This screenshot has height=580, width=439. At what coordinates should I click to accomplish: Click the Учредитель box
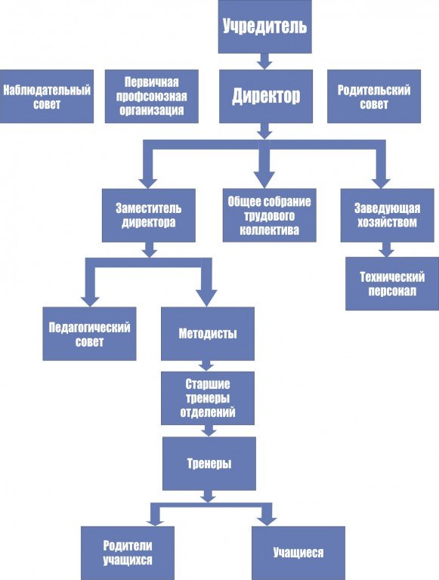point(264,26)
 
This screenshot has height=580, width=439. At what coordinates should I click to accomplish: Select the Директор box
point(266,96)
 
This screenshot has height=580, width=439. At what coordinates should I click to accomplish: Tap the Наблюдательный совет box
point(47,96)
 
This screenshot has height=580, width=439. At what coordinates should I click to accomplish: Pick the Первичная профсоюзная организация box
point(152,96)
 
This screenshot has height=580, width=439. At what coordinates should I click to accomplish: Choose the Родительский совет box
point(374,96)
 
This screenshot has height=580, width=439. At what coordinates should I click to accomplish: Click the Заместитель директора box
point(148,216)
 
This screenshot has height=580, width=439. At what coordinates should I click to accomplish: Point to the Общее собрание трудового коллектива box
point(270,216)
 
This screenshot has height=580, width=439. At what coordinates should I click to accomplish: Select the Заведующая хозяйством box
point(387,216)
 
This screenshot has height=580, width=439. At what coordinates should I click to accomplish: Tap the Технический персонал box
point(392,284)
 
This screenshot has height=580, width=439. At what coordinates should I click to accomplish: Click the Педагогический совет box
point(89,334)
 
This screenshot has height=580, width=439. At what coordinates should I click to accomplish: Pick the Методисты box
point(208,334)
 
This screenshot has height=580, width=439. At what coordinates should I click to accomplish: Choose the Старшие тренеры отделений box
point(208,399)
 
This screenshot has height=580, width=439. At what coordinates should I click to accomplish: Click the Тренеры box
point(209,464)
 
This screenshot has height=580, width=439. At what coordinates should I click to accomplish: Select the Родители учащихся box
point(128,553)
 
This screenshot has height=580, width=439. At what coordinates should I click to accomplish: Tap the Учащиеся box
point(298,553)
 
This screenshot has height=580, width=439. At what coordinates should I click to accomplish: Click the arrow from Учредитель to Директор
point(264,61)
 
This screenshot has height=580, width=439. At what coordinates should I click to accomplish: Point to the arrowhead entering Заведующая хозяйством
point(381,183)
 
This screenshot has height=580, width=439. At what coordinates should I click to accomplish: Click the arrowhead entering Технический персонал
point(386,252)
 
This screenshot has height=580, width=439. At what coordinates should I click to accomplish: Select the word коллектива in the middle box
point(269,230)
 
